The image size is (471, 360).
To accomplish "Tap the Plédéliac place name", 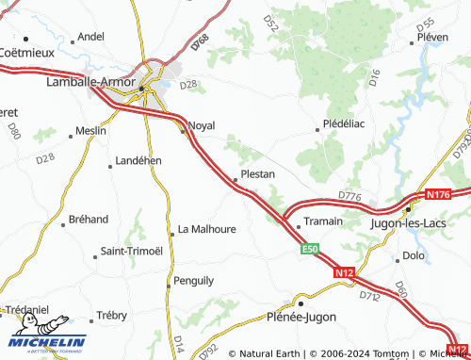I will click(x=344, y=123).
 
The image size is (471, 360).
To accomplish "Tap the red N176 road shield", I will click(x=438, y=194).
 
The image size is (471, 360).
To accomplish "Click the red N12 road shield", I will click(x=344, y=271).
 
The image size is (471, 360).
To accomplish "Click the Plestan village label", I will click(x=257, y=174).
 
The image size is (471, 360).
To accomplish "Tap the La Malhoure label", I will click(x=206, y=229).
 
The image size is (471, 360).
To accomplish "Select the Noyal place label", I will click(x=202, y=125).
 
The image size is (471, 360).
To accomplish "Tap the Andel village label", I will click(x=91, y=37).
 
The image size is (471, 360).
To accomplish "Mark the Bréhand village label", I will click(x=89, y=220).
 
